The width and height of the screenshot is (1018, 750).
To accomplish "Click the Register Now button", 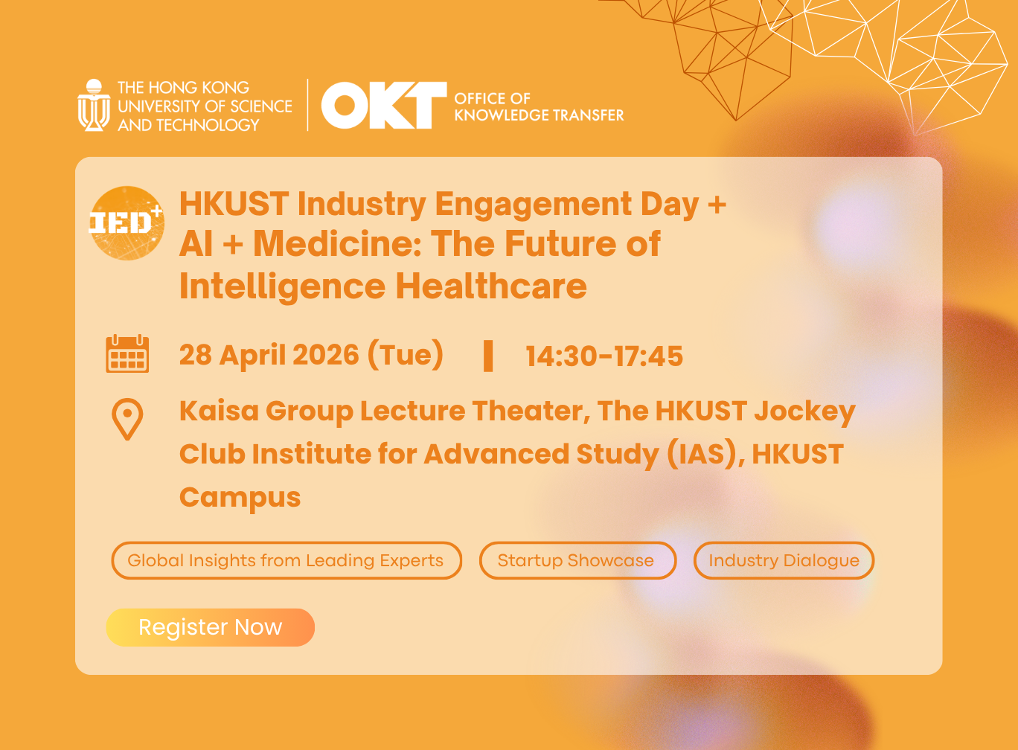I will click(211, 627).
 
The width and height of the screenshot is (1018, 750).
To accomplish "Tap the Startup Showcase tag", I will click(577, 560).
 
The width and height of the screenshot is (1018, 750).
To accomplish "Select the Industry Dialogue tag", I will click(784, 560).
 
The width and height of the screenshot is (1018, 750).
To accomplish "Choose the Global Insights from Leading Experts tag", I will click(286, 560).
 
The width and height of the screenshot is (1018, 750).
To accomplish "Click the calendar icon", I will click(127, 354).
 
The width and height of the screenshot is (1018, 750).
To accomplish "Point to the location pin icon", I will click(127, 419).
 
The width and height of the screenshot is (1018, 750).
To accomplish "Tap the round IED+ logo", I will click(127, 223).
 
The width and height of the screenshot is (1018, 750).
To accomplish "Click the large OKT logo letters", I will click(383, 106).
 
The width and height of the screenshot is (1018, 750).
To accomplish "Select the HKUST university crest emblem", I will click(94, 106).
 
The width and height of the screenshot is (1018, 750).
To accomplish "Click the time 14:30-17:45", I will click(604, 356).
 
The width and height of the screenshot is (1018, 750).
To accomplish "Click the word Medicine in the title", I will click(336, 244).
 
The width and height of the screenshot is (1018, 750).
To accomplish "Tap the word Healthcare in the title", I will click(491, 286).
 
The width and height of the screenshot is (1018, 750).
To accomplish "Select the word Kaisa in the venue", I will click(217, 411).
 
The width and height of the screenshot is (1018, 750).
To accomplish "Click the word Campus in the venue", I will click(240, 497).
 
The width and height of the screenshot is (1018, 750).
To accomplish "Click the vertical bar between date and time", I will click(488, 356).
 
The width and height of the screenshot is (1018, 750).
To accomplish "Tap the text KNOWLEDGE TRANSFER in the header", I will click(539, 115).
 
